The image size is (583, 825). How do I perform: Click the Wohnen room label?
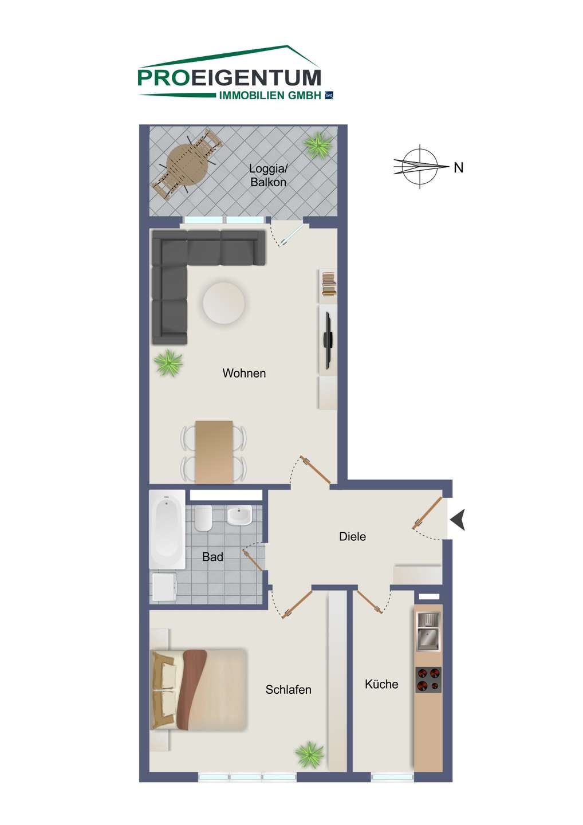[x=244, y=373]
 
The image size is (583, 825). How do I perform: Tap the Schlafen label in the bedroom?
[x=288, y=689]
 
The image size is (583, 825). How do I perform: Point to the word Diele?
[x=352, y=536]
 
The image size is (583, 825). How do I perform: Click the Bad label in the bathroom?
[x=212, y=556]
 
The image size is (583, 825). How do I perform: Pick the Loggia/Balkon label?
[x=269, y=175]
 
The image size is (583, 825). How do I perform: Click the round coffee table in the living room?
[x=224, y=302]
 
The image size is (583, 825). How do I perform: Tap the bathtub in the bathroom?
[x=167, y=529]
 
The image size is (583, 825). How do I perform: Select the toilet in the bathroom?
[x=203, y=518]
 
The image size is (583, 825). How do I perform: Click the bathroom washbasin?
[x=239, y=516]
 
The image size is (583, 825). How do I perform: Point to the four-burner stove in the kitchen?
[x=428, y=679]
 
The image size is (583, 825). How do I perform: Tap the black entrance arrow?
[x=459, y=520]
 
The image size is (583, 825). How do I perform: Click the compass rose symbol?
[x=421, y=166]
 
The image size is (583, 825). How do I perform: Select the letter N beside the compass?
[x=458, y=168]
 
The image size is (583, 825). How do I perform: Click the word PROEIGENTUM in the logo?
[x=229, y=77]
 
